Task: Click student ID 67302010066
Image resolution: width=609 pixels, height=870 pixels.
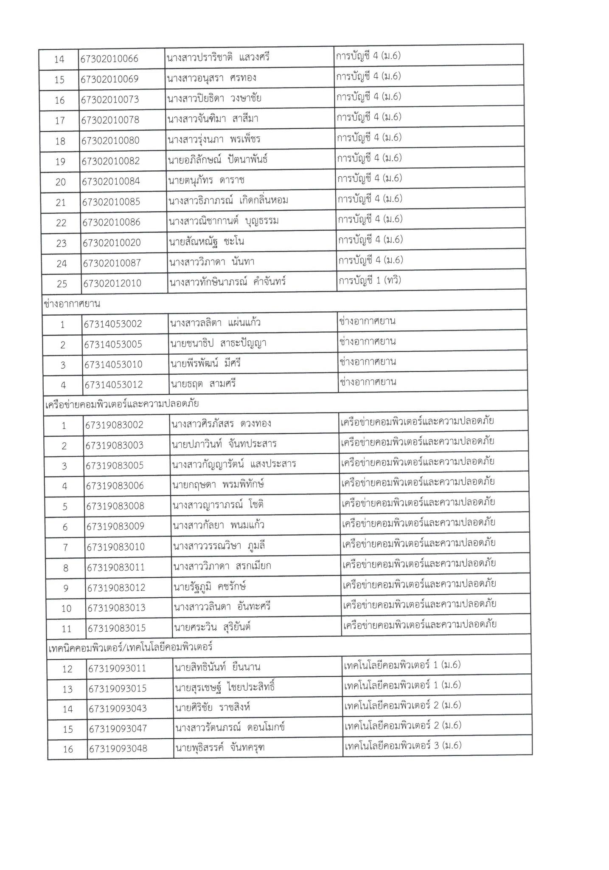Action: (110, 59)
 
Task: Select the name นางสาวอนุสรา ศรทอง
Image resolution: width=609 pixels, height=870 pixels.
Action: (212, 79)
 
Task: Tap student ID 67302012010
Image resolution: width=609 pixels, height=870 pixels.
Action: (112, 283)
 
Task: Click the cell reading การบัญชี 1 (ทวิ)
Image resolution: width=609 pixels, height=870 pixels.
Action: (369, 280)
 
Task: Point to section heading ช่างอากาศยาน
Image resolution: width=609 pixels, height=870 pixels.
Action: (72, 304)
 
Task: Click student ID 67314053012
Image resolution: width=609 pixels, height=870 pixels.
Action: (113, 385)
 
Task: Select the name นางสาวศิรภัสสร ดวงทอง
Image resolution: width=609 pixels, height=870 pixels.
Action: (222, 424)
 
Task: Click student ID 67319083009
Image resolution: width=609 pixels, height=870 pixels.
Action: (115, 527)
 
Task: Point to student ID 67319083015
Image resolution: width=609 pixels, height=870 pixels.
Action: (116, 628)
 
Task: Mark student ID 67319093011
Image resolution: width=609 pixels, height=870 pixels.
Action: (117, 669)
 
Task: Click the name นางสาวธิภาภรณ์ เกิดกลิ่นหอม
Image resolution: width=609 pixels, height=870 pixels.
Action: (228, 201)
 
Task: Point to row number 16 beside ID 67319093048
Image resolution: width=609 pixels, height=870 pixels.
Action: (68, 749)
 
